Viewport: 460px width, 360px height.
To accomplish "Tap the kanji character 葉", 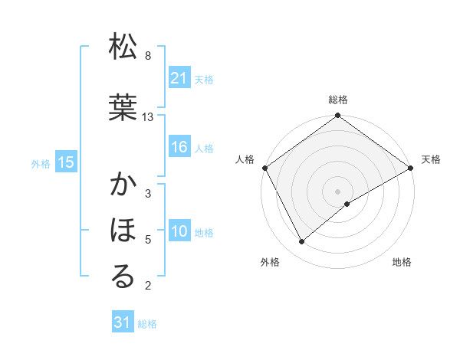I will (123, 109).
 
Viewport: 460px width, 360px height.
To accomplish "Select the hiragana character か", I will (123, 185).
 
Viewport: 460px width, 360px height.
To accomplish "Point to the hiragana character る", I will (123, 277).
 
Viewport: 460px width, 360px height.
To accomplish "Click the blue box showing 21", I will (179, 78).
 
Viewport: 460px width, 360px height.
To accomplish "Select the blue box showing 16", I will (179, 147).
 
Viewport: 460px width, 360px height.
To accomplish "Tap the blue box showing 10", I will (179, 231).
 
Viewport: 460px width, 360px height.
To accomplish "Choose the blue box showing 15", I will (66, 162).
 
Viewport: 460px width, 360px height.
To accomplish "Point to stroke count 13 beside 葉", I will (148, 117).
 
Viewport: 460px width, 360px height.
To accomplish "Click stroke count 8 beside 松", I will (148, 56).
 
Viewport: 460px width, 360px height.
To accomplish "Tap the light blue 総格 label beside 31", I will (147, 324).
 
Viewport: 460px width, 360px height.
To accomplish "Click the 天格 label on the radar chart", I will (431, 159).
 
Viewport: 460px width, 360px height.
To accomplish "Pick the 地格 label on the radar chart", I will (402, 262).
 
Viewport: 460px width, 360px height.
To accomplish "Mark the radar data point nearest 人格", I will (264, 168).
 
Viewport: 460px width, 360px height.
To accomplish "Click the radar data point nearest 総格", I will (337, 116).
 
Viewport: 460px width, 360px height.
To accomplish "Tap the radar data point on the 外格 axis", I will (302, 241).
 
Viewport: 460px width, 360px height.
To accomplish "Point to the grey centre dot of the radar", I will (337, 191).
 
